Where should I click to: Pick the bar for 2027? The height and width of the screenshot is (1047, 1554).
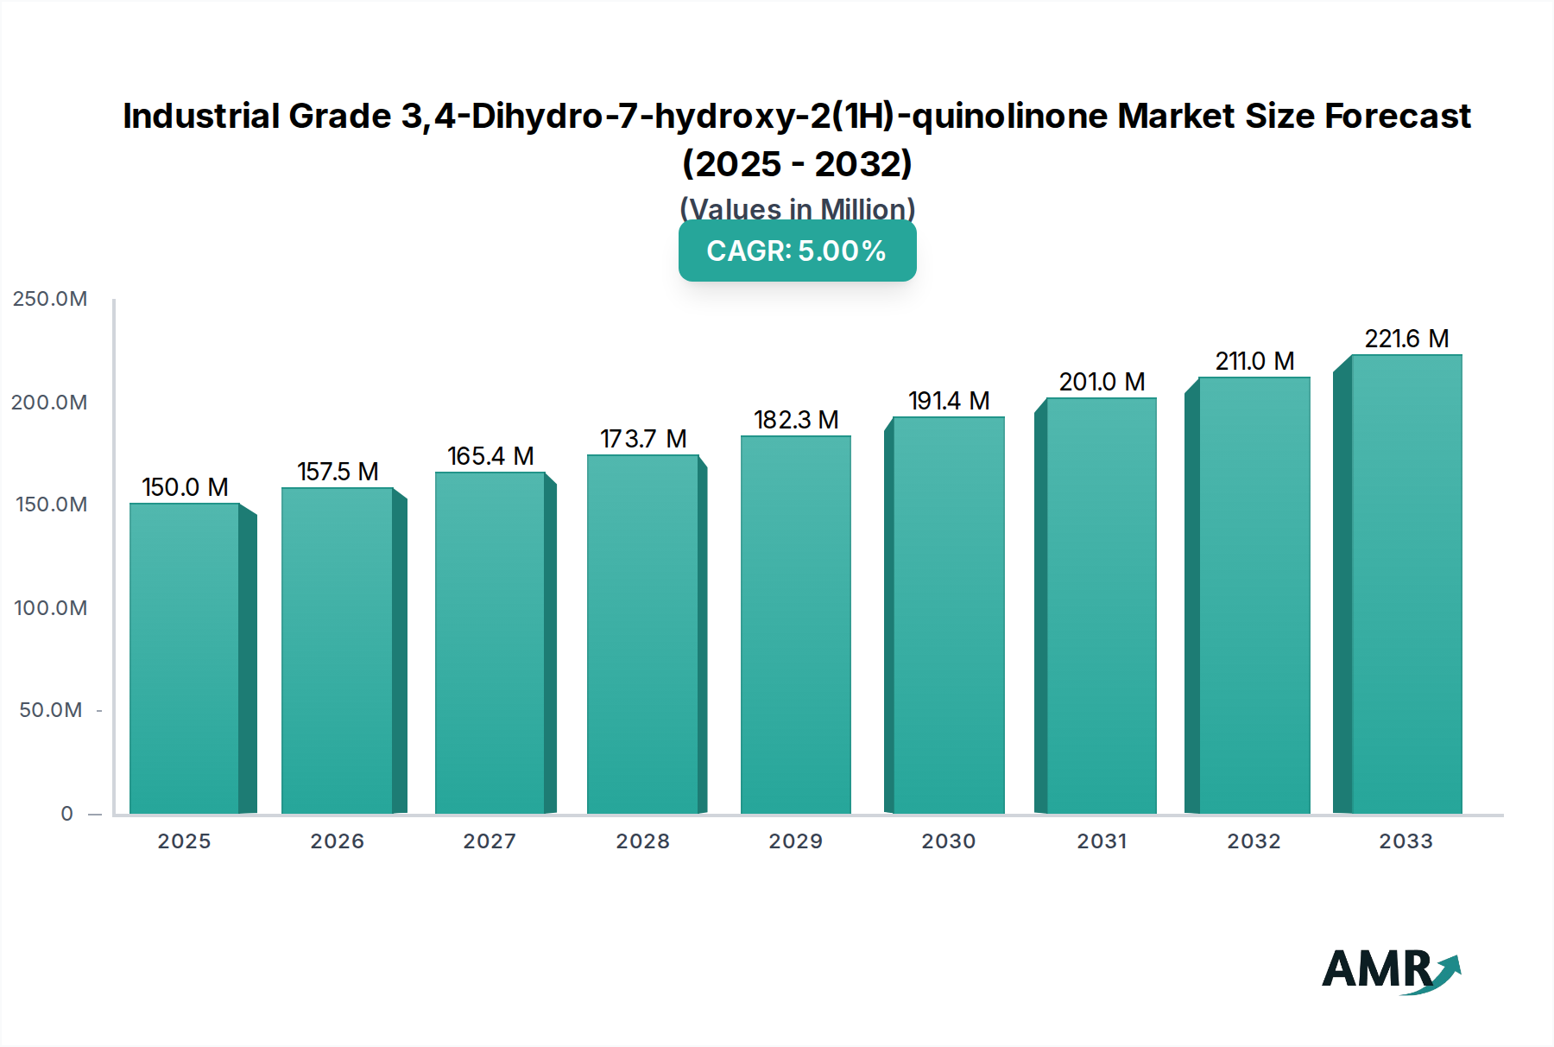point(490,643)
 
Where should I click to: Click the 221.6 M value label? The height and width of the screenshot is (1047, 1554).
point(1406,339)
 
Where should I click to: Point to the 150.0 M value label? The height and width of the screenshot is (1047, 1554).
point(185,487)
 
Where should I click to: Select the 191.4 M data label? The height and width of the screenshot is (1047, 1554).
point(948,401)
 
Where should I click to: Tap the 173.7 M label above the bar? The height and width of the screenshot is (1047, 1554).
point(643,439)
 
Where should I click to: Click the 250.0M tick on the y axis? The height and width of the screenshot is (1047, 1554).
point(50,299)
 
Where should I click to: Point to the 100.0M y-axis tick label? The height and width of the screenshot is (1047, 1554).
point(50,608)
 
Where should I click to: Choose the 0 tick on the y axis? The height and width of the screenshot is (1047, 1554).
point(66,814)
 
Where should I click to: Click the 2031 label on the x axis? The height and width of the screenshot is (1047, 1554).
point(1102,841)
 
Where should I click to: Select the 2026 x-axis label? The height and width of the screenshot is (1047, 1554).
point(338,841)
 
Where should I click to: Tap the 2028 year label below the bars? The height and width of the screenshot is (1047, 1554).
point(643,841)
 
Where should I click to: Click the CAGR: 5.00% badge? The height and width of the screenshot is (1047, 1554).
point(797,251)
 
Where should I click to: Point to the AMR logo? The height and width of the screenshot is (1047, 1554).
point(1389,969)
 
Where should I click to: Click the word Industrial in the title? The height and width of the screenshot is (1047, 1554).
point(201,116)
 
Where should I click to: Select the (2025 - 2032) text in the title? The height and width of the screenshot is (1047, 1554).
point(797,163)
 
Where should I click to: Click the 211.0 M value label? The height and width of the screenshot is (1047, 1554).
point(1254,361)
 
